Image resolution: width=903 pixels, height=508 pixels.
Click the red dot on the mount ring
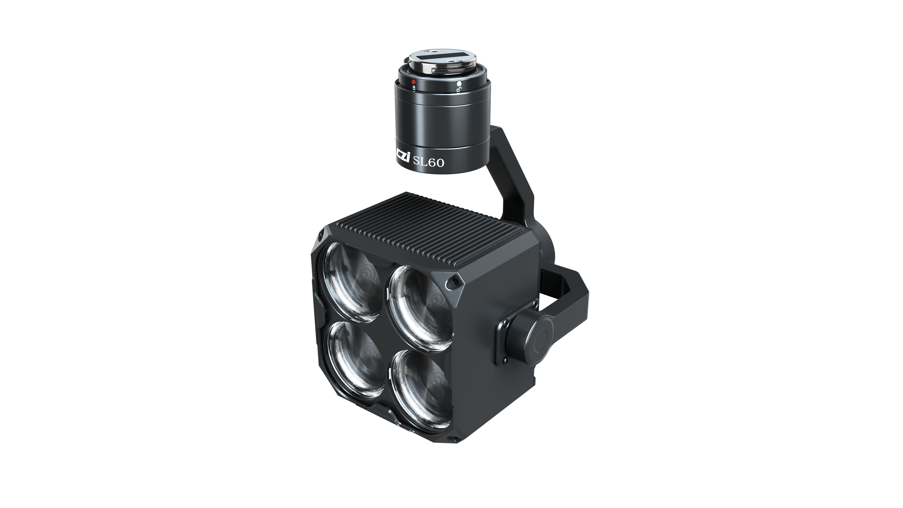tap(414, 82)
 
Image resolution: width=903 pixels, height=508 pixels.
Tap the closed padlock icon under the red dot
tap(414, 88)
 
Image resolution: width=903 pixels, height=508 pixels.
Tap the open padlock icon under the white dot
tap(459, 90)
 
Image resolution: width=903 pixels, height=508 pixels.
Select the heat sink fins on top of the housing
tap(431, 228)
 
